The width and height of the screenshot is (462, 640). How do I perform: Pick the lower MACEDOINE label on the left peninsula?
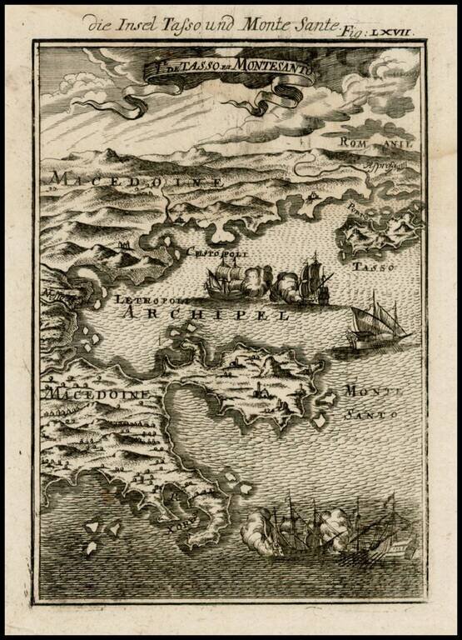click(98, 393)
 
